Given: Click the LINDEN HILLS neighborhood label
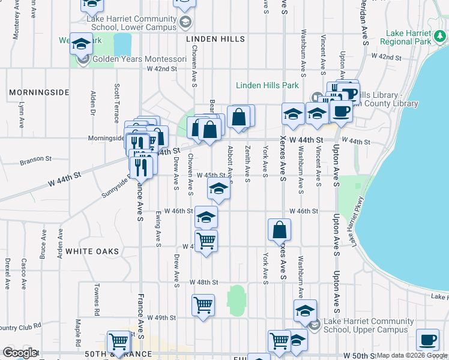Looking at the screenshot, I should click(215, 39).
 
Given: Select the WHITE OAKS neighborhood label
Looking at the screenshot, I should click(92, 251).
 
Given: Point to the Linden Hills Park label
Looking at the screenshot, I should click(267, 85).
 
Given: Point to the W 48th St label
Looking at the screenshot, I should click(203, 282).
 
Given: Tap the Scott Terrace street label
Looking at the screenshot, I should click(116, 98).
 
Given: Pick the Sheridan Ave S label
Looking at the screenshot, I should click(364, 27).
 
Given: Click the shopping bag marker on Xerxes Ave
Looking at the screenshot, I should click(280, 230).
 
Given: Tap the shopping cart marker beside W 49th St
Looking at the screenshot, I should click(203, 305).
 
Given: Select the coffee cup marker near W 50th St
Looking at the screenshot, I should click(427, 340).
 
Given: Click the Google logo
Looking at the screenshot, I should click(20, 353).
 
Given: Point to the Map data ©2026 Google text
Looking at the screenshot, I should click(411, 355).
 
